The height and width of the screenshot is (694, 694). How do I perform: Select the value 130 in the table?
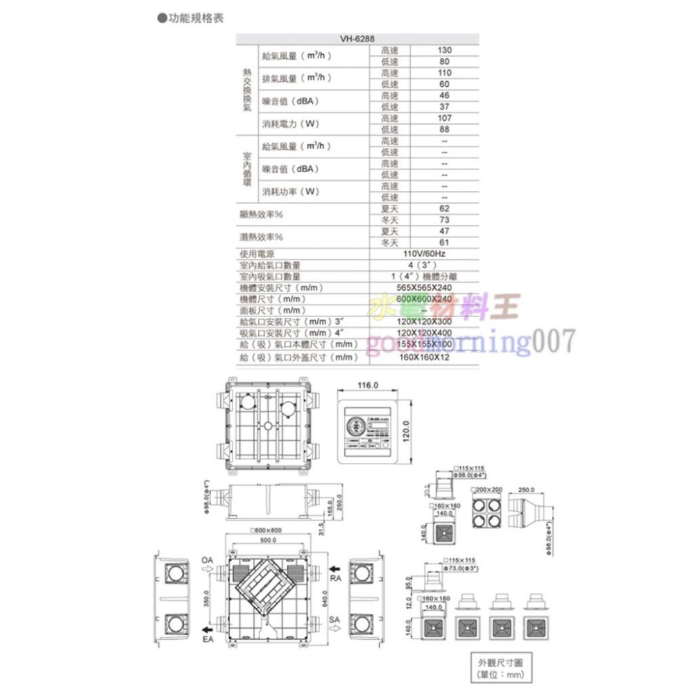coord(444,51)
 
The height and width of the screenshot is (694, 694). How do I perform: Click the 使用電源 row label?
coord(256,255)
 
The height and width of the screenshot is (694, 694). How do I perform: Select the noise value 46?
coord(444,96)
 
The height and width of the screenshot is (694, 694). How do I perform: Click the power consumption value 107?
coord(444,118)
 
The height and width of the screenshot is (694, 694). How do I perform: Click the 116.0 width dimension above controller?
coord(367,385)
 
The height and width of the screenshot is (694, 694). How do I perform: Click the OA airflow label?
coord(207,559)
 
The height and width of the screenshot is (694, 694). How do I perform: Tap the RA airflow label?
coord(335,577)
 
